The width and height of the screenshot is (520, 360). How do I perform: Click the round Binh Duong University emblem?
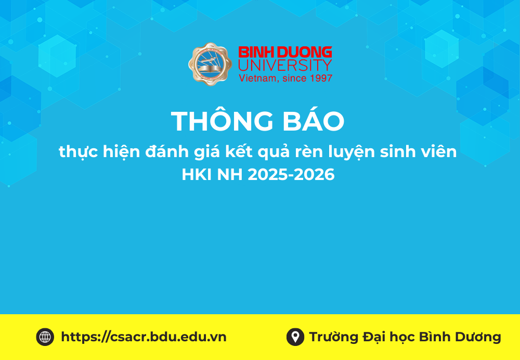(210, 65)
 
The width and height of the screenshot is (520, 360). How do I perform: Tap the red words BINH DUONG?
(285, 53)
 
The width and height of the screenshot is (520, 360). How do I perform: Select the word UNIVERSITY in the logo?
(285, 65)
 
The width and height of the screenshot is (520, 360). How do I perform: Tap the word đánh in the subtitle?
(168, 152)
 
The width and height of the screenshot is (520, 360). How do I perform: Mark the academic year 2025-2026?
(291, 175)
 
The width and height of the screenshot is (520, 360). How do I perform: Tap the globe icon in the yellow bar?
(45, 337)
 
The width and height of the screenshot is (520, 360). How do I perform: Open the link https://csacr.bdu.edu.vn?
(144, 337)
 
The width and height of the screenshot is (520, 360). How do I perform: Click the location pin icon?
(295, 337)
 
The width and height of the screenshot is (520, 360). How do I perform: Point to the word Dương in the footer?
(478, 337)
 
